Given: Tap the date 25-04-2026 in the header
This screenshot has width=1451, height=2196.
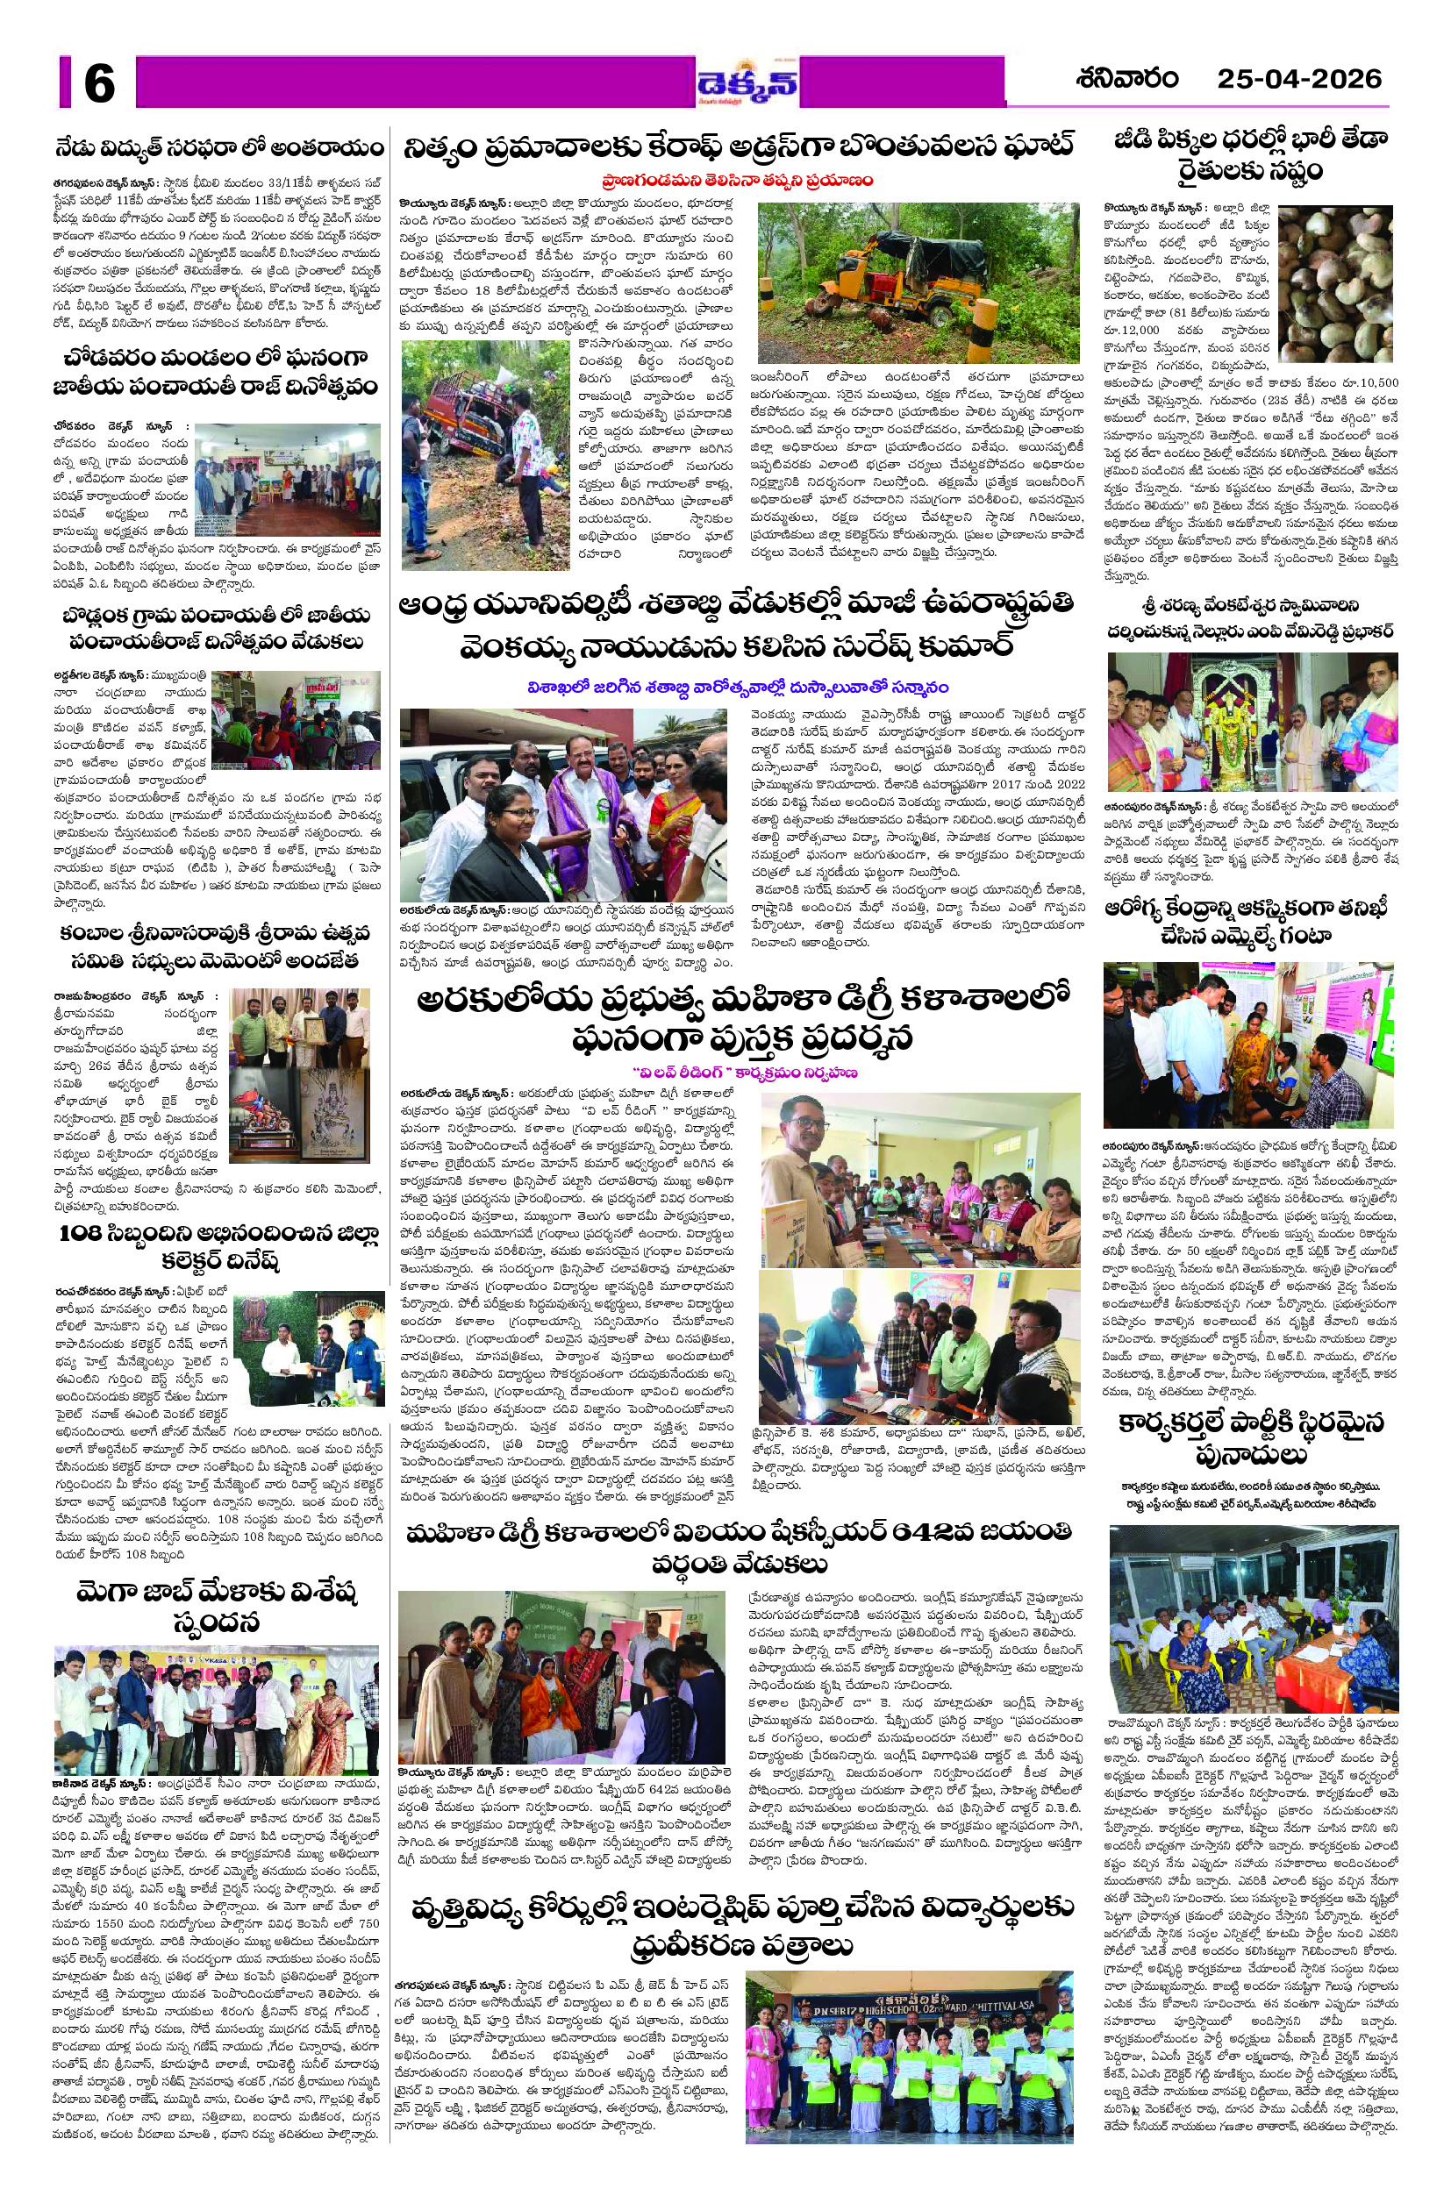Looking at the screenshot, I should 1298,80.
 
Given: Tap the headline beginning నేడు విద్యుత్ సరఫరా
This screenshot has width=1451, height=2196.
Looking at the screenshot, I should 219,149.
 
